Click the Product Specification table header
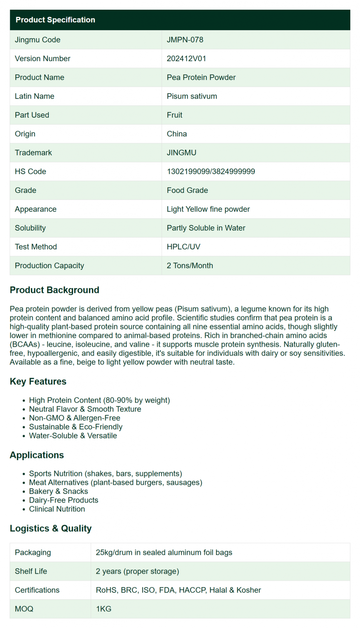[x=55, y=20]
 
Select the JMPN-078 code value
[x=185, y=40]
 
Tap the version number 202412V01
[x=186, y=59]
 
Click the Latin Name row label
[x=35, y=96]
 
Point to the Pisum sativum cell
[x=192, y=96]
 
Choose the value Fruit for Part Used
[x=175, y=115]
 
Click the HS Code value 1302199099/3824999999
[x=211, y=172]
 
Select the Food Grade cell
[x=187, y=190]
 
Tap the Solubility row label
[x=30, y=228]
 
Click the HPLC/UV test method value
[x=184, y=247]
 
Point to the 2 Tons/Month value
[x=190, y=266]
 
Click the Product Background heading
[x=54, y=290]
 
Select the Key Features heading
[x=38, y=381]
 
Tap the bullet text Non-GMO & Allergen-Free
[x=75, y=418]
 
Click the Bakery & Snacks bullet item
[x=58, y=492]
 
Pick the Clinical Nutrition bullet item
[x=57, y=509]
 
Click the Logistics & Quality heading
[x=51, y=528]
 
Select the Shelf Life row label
[x=31, y=571]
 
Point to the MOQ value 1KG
[x=104, y=609]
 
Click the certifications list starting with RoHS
[x=178, y=590]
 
